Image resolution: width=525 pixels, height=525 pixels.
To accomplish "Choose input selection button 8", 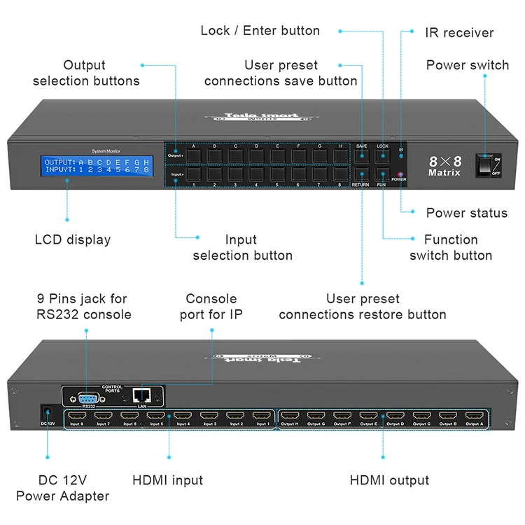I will click(340, 174).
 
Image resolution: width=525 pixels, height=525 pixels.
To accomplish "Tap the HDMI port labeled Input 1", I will click(262, 416).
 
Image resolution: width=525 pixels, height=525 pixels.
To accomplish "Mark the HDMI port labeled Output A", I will click(474, 416).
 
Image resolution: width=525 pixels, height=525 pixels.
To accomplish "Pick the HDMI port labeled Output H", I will click(289, 416).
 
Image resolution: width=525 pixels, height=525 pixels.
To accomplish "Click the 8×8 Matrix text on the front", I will click(444, 165).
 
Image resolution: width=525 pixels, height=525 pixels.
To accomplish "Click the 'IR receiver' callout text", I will click(458, 32).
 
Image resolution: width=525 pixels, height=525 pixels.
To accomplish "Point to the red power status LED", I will click(400, 173).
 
